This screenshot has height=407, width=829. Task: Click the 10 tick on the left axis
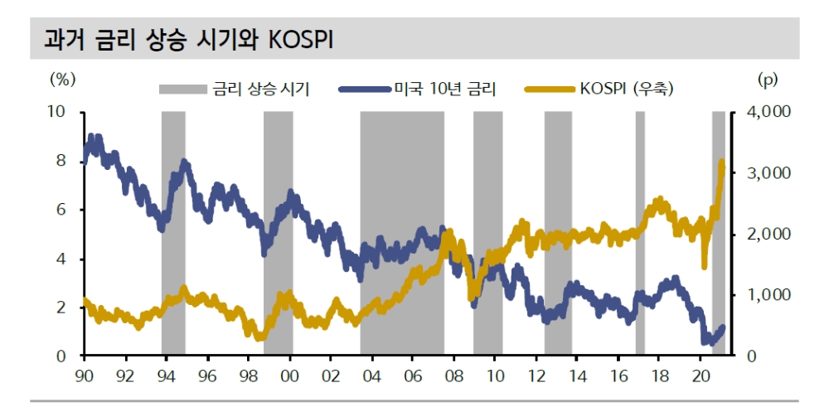[63, 112]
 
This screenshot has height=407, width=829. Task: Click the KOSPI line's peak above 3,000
[721, 163]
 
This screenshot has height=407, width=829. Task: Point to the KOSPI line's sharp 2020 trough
[705, 265]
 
